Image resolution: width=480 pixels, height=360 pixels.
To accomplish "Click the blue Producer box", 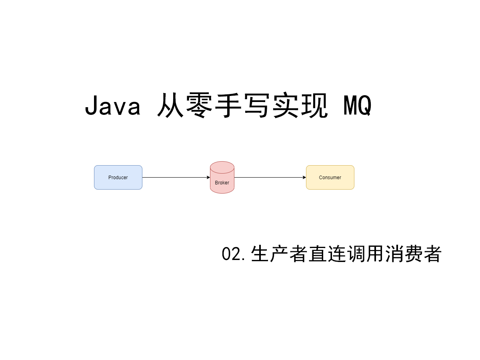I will tap(118, 177).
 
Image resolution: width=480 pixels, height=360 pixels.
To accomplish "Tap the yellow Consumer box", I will tap(330, 177).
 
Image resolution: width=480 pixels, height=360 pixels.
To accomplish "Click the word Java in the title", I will tap(113, 106).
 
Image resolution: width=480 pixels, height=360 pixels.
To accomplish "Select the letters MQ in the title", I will tap(358, 106).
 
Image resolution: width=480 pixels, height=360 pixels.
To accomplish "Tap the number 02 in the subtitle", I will tap(231, 254).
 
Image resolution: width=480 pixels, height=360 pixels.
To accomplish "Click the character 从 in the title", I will tap(170, 106).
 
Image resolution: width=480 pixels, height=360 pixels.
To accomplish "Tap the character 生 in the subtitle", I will tap(260, 254).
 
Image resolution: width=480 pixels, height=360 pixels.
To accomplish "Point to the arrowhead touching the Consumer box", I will tap(304, 177).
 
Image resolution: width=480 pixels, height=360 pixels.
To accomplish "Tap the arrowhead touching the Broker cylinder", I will tap(208, 177).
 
